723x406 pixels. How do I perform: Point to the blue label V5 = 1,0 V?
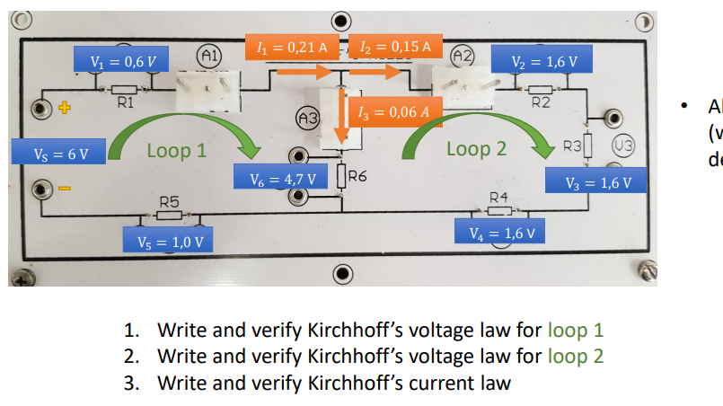pyautogui.click(x=170, y=242)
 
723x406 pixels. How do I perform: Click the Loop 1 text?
pyautogui.click(x=176, y=150)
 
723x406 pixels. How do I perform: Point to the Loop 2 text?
pyautogui.click(x=476, y=149)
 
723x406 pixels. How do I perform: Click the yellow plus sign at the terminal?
pyautogui.click(x=64, y=109)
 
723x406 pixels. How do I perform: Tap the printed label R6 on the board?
pyautogui.click(x=357, y=176)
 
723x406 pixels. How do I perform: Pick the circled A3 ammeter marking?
pyautogui.click(x=307, y=118)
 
